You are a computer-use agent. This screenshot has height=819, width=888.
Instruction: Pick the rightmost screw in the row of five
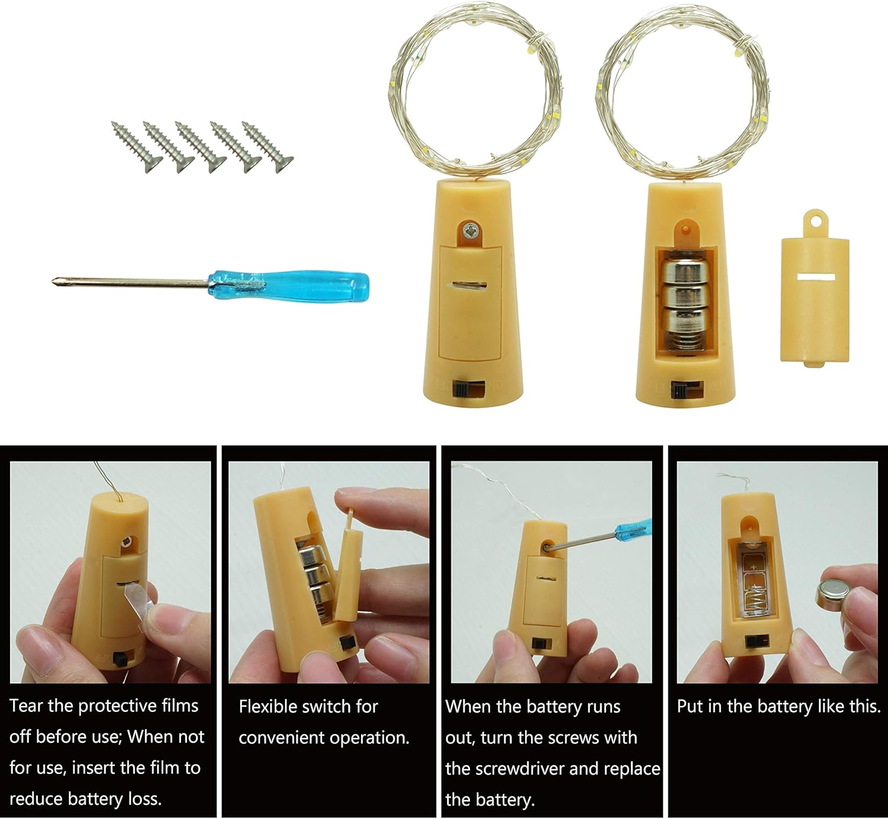click(268, 147)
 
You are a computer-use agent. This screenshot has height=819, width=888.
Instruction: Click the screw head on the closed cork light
click(469, 231)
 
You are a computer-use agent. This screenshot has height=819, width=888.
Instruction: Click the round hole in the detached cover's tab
click(815, 221)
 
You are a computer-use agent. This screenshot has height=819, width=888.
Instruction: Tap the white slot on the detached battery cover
click(815, 277)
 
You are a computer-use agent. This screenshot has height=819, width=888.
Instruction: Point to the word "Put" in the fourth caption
click(691, 707)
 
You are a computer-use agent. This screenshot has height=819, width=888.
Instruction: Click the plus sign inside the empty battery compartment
click(754, 566)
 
